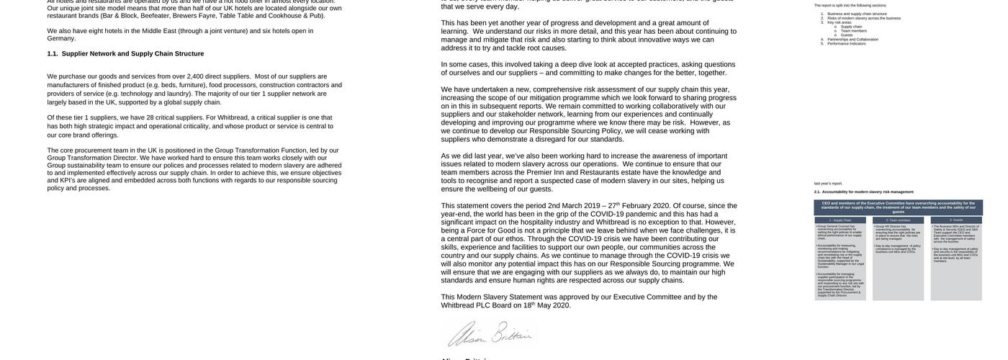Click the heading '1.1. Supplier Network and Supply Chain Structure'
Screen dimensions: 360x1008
coord(125,54)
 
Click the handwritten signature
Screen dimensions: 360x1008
coord(489,334)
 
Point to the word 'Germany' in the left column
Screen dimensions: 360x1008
coord(62,39)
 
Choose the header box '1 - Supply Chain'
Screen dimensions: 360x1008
coord(840,220)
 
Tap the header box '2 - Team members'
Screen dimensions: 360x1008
coord(898,220)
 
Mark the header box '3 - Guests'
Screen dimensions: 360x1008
coord(956,220)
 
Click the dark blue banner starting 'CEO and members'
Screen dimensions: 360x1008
coord(899,207)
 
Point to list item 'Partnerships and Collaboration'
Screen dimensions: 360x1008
coord(852,39)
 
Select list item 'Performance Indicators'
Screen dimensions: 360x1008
coord(847,43)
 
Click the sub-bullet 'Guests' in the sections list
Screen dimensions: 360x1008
coord(847,35)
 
